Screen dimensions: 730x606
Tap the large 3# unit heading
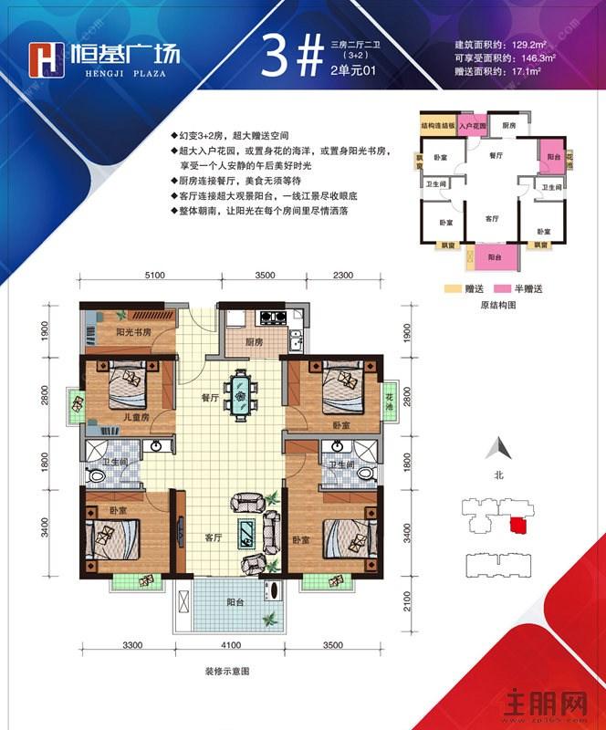pyautogui.click(x=291, y=56)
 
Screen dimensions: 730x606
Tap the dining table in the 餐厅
pyautogui.click(x=240, y=395)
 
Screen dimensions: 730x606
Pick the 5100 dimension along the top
pyautogui.click(x=153, y=275)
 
